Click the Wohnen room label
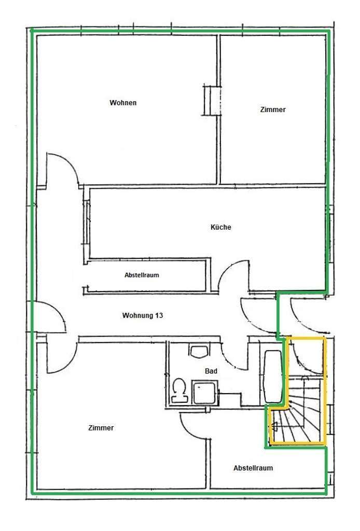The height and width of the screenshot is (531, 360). pos(123,103)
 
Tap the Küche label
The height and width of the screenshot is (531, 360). pos(221,227)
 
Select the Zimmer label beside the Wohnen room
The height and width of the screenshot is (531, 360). pos(273,109)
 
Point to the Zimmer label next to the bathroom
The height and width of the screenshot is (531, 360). pos(101,428)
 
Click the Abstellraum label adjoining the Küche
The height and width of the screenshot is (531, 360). pos(142,275)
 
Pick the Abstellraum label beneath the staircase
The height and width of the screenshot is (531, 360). pos(253,468)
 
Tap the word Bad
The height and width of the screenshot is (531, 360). pos(211,371)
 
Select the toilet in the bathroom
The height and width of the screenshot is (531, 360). pos(179,390)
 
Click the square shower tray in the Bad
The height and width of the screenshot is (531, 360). pos(205,393)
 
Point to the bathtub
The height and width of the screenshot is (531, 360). pos(273,376)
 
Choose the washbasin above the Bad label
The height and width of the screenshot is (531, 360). pos(199,352)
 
